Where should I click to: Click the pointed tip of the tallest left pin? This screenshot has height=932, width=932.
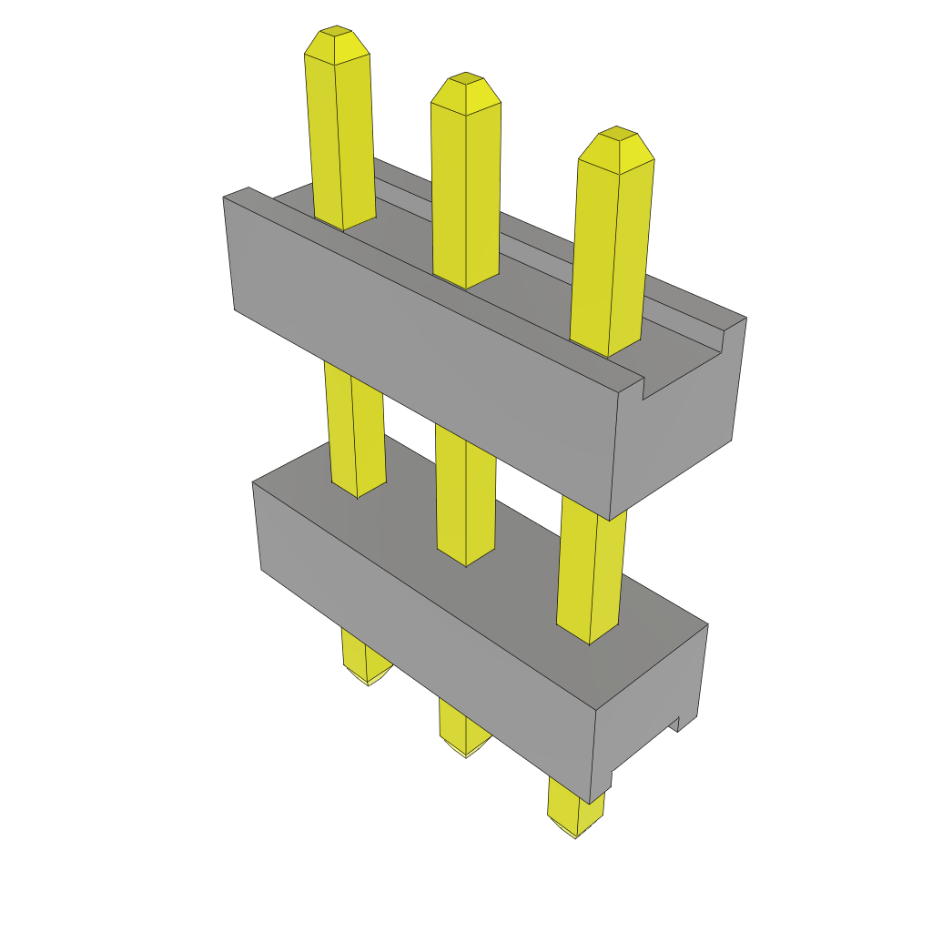[x=337, y=41]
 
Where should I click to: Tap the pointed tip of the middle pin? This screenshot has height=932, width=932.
[x=466, y=87]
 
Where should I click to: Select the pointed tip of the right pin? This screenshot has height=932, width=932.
[x=617, y=142]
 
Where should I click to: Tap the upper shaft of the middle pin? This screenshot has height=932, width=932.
[x=466, y=191]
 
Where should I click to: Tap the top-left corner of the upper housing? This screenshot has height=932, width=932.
[x=226, y=198]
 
